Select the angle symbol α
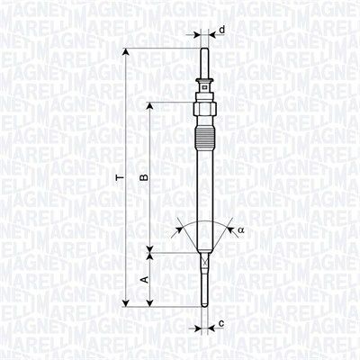[x=241, y=230]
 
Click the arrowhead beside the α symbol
[x=231, y=231]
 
